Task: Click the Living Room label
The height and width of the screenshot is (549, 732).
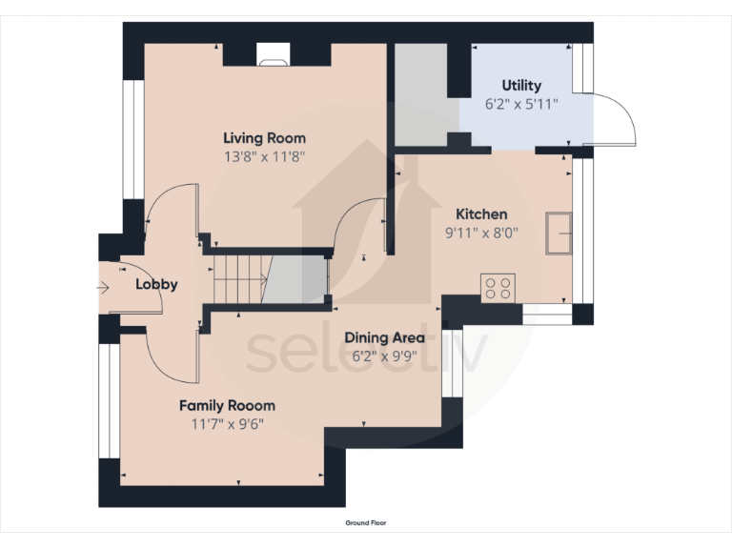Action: [264, 138]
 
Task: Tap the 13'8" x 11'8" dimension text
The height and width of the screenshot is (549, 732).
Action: [264, 156]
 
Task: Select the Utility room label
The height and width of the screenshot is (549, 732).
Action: [521, 86]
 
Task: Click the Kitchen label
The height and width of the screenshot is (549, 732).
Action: [480, 213]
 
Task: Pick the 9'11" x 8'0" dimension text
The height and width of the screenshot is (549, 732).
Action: [480, 232]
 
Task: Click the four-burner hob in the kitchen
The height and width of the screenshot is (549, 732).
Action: [498, 287]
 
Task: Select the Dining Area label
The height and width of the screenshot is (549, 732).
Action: [384, 337]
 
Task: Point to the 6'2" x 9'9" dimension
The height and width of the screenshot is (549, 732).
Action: [384, 356]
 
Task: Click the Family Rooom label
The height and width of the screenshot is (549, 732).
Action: [227, 405]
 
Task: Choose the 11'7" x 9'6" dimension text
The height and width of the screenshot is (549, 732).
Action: [227, 423]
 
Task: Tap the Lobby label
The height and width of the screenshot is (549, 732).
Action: [156, 284]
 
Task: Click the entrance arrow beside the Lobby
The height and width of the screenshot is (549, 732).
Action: [104, 285]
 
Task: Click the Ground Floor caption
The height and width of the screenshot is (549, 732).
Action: [366, 523]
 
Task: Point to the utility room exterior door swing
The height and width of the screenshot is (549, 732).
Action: [610, 119]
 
